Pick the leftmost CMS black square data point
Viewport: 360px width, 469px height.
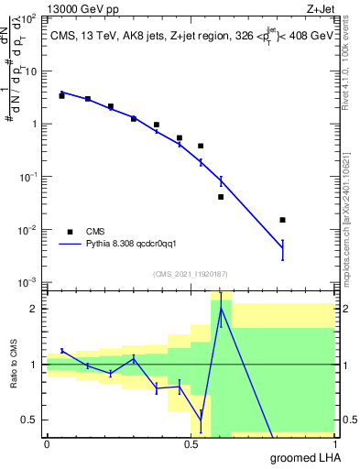(61, 95)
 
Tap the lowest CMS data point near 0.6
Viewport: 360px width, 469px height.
(221, 197)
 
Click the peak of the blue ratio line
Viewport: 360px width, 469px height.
(221, 308)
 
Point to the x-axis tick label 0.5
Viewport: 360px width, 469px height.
(190, 444)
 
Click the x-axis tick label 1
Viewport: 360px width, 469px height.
(334, 444)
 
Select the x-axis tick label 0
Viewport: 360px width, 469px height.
(47, 444)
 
